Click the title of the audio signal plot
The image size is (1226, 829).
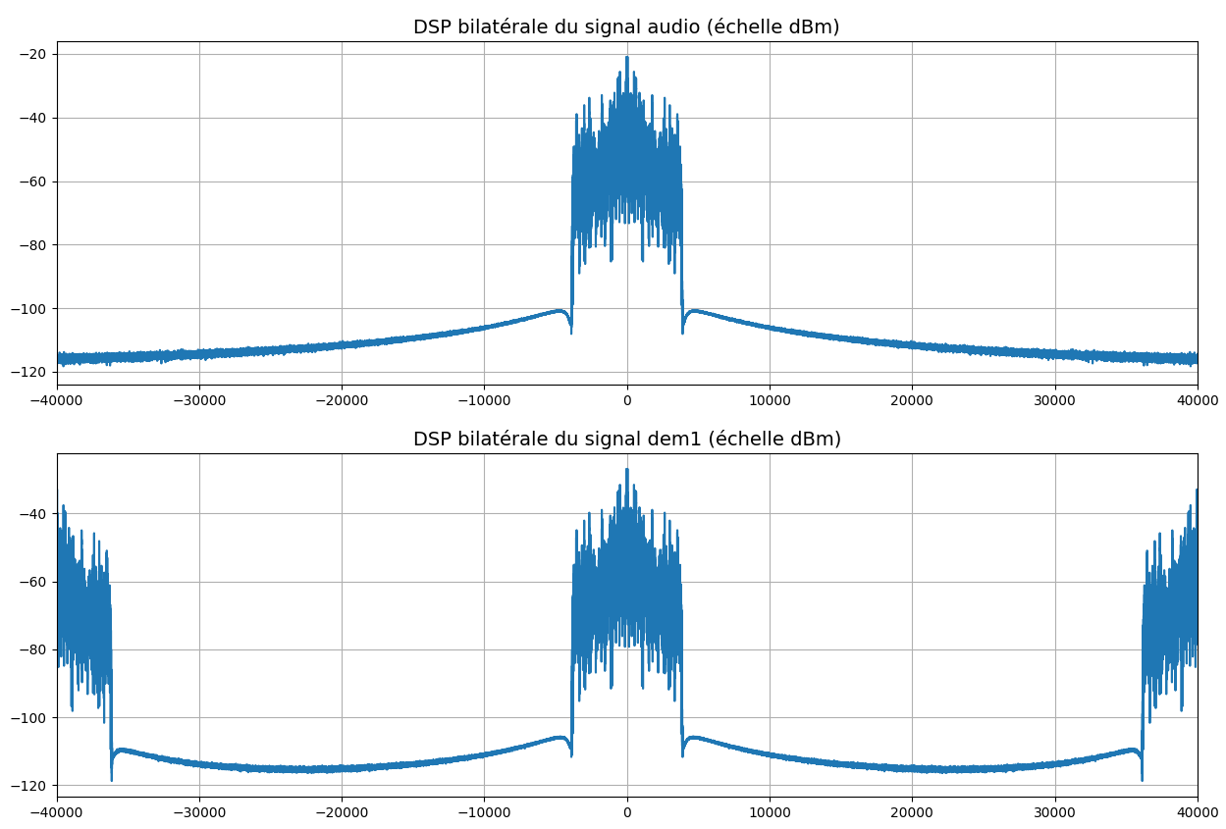(x=626, y=27)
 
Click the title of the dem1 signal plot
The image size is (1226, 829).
(x=626, y=440)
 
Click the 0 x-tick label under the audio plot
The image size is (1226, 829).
(x=627, y=400)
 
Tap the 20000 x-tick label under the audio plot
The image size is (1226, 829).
(x=912, y=400)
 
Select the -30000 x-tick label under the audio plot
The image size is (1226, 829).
(x=199, y=400)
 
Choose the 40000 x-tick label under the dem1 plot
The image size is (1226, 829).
(x=1197, y=813)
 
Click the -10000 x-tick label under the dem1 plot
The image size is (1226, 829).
(x=484, y=813)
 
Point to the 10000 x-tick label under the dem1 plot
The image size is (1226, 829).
(x=770, y=813)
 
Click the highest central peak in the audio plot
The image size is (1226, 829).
(x=626, y=58)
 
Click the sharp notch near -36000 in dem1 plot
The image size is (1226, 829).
(x=111, y=779)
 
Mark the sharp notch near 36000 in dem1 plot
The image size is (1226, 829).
(x=1143, y=779)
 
